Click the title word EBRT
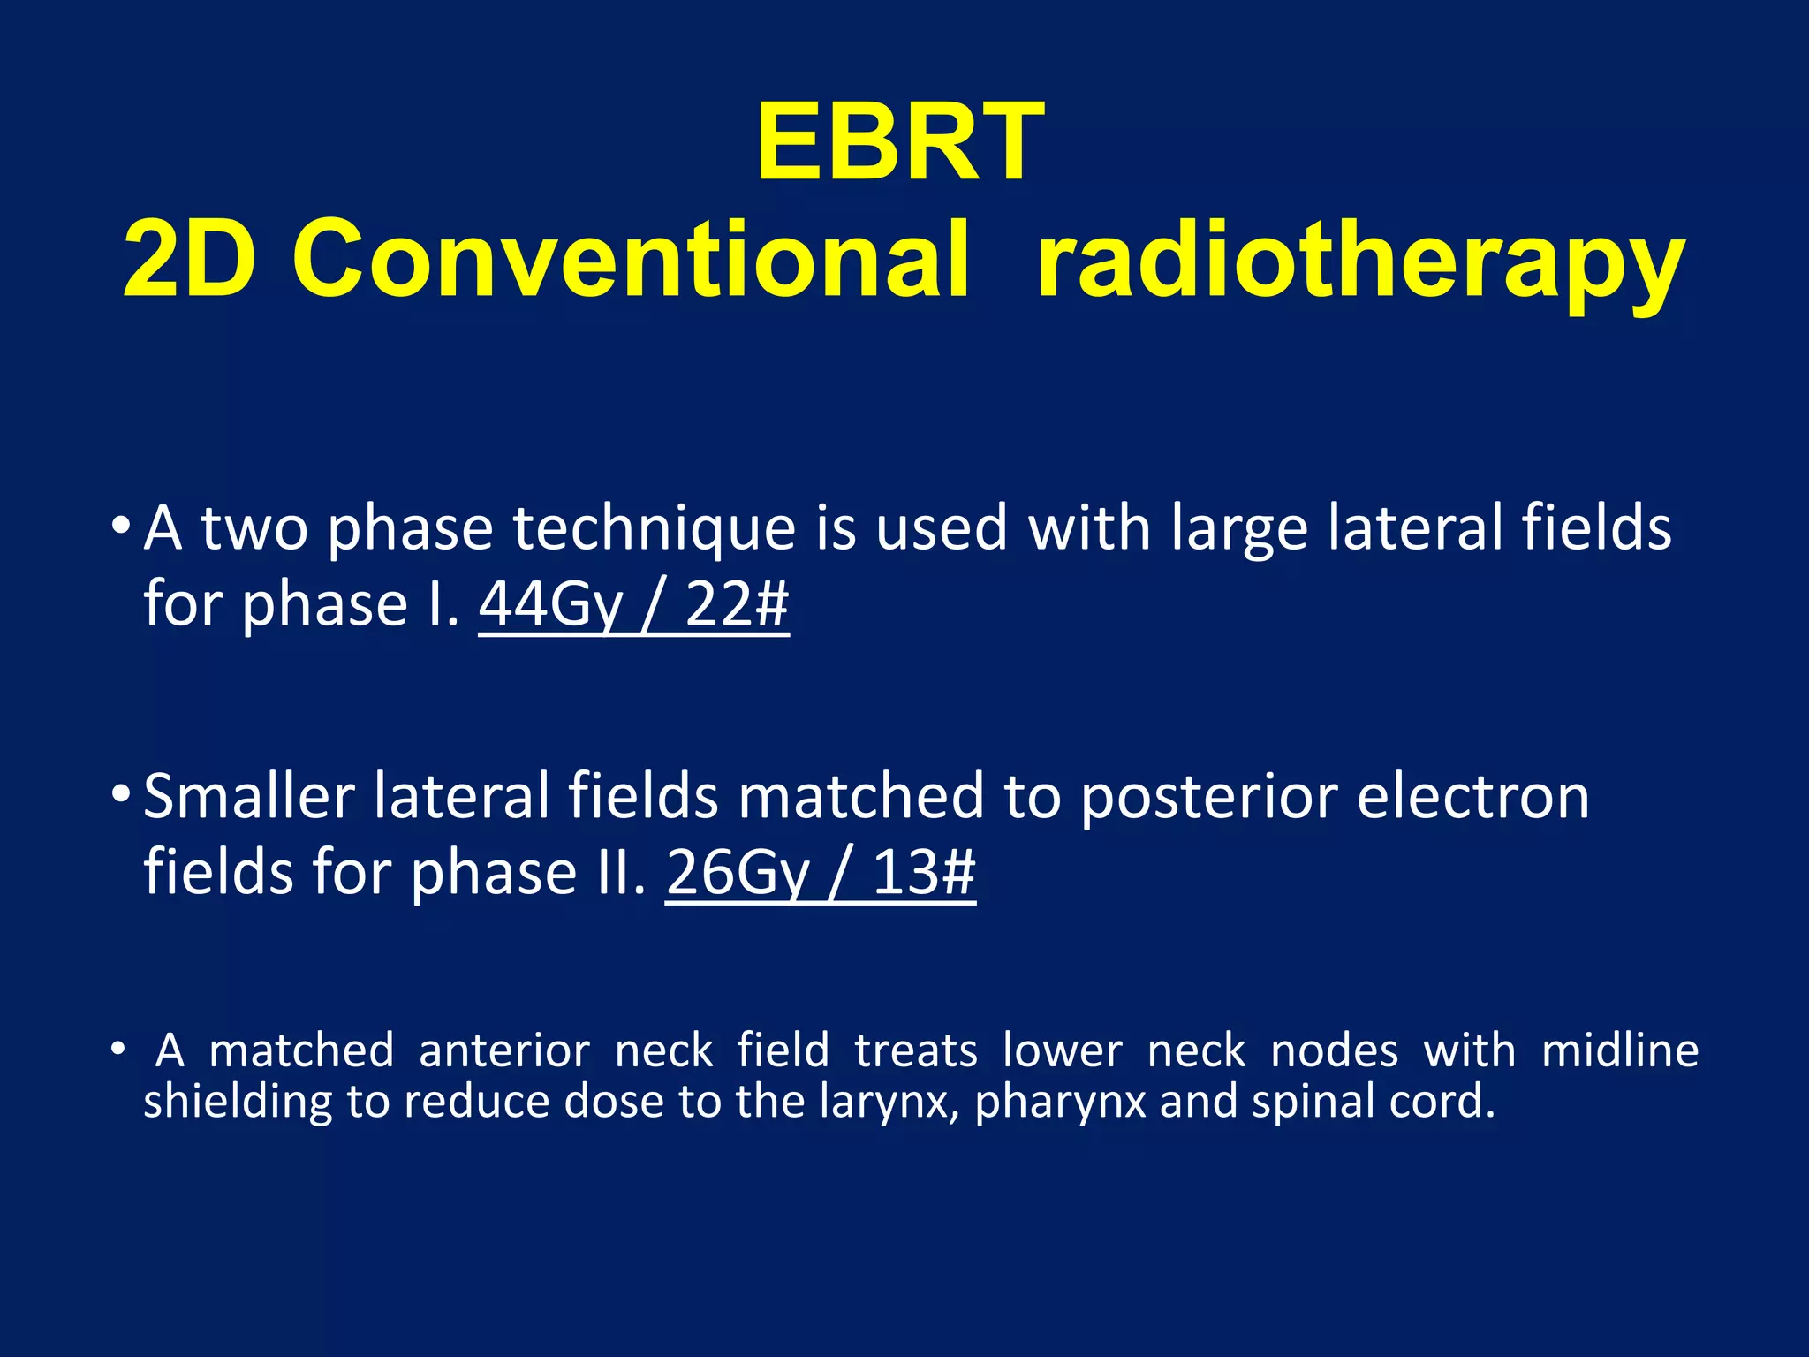coord(900,142)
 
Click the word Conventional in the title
coord(631,260)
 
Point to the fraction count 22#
coord(737,605)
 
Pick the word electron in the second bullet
coord(1472,797)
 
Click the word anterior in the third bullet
coord(504,1051)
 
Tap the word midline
coord(1619,1051)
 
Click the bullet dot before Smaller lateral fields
coord(121,792)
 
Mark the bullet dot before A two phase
coord(121,525)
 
